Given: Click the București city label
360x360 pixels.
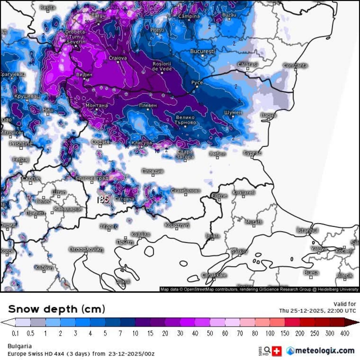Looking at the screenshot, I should (202, 51).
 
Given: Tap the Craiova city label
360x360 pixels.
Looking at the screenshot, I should (118, 58).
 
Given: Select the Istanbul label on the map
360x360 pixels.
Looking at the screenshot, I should (308, 231).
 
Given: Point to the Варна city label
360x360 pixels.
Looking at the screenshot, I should (268, 115).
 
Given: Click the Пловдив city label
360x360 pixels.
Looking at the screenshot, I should (153, 171).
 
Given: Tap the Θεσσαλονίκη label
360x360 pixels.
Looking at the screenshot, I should (86, 249).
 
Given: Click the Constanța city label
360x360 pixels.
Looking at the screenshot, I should (295, 66).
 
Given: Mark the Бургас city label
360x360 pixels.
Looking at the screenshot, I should (252, 153).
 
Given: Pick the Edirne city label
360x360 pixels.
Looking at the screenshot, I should (219, 195).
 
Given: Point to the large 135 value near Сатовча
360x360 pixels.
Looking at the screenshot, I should (103, 200).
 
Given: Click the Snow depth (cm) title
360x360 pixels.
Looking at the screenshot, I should (57, 309).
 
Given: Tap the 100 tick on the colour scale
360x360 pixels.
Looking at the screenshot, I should (270, 334).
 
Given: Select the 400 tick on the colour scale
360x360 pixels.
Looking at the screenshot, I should (345, 334).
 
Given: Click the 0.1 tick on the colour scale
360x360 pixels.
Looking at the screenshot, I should (15, 334).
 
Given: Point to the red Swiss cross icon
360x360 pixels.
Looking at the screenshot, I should (277, 351).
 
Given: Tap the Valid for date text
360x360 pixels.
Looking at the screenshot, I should (317, 310).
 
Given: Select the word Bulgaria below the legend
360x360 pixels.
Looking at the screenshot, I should (20, 346).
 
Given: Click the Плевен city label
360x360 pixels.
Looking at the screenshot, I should (148, 105).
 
